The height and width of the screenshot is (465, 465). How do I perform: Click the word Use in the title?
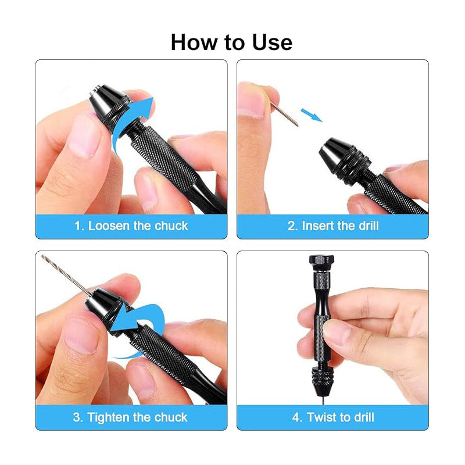click(x=272, y=42)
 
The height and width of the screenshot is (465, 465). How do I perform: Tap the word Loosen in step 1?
click(x=109, y=226)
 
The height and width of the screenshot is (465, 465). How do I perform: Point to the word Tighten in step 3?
click(x=108, y=417)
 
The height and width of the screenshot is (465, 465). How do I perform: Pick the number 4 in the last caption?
click(x=296, y=417)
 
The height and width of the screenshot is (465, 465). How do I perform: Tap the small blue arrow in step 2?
click(x=312, y=115)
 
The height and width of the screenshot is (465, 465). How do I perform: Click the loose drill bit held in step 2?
click(x=284, y=113)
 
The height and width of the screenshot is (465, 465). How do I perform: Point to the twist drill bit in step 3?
click(x=67, y=276)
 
